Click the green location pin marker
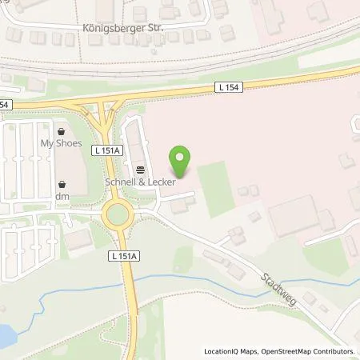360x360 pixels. click(182, 162)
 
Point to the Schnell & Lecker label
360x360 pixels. click(141, 181)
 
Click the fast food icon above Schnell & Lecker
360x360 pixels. click(141, 169)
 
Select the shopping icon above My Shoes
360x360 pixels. click(62, 131)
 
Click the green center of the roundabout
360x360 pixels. click(118, 214)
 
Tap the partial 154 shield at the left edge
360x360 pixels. click(5, 105)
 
